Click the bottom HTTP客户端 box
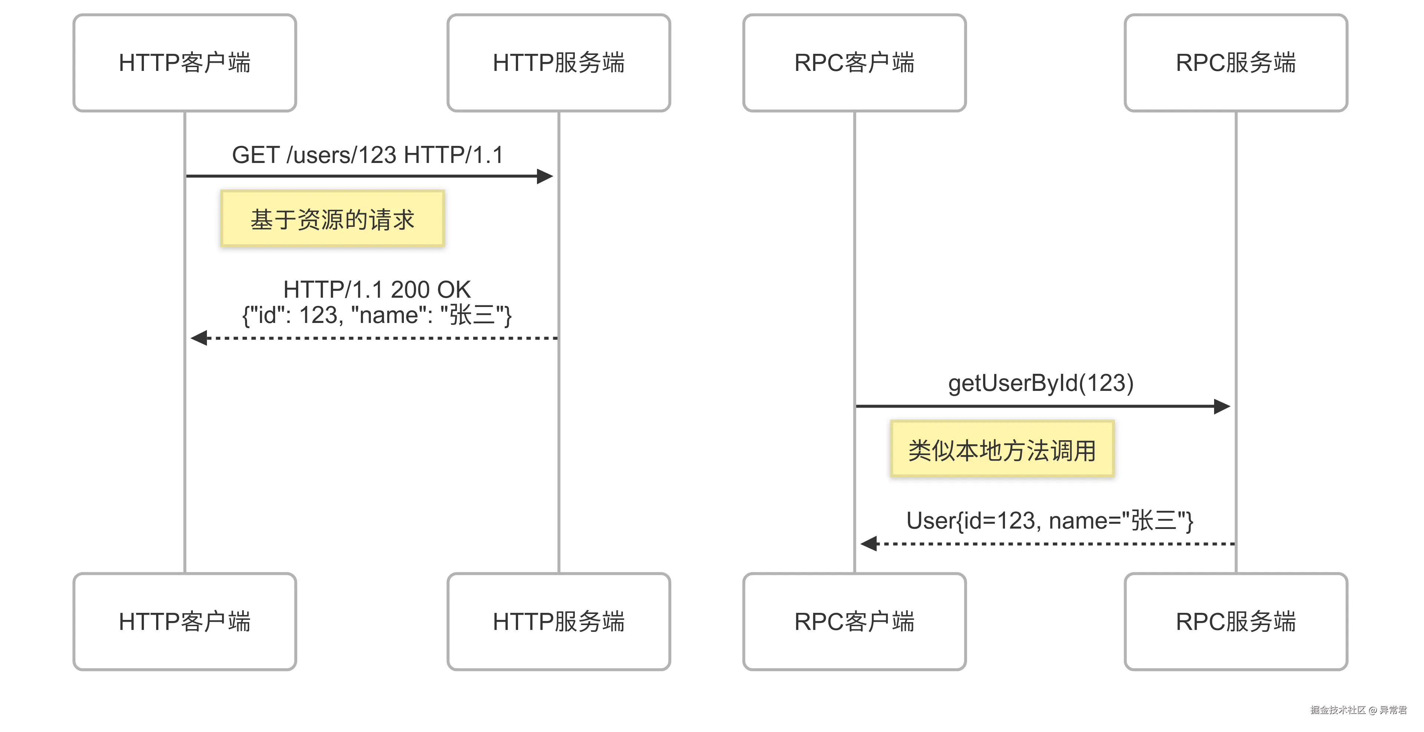185,621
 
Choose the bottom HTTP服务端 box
558,621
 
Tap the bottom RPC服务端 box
1236,621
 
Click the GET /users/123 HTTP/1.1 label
367,155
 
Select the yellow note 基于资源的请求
332,219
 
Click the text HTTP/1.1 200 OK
376,290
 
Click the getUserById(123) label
1041,383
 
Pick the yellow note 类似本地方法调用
1002,449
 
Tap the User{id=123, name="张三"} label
1049,521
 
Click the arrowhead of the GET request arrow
545,176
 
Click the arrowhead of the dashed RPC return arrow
869,544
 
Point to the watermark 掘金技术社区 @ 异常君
1358,710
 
